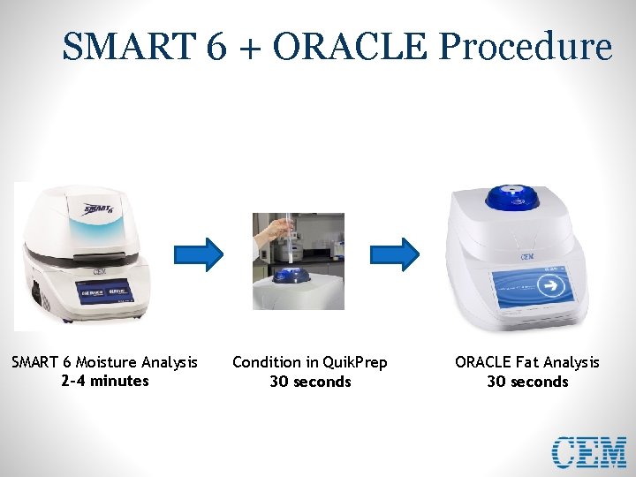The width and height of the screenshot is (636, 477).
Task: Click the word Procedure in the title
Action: click(x=526, y=47)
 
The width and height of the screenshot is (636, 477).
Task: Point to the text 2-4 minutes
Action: click(x=105, y=381)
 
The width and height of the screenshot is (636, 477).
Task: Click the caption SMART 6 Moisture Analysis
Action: click(x=104, y=362)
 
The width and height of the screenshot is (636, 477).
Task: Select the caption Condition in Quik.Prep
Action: click(x=309, y=362)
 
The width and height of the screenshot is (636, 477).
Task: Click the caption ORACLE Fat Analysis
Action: click(x=526, y=362)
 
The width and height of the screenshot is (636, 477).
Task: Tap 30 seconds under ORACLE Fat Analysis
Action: click(x=527, y=382)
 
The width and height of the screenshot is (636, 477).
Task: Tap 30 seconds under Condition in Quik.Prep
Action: click(x=310, y=382)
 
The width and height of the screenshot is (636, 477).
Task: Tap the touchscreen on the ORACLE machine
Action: click(x=530, y=287)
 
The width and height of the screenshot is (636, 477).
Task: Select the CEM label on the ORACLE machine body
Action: click(x=527, y=256)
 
